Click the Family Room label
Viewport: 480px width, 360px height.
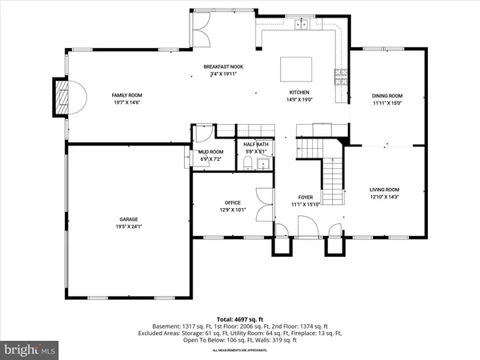coord(126,95)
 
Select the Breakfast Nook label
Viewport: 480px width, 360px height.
coord(218,66)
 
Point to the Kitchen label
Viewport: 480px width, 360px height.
coord(299,93)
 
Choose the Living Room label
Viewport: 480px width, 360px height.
coord(384,190)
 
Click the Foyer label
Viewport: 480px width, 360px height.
coord(306,197)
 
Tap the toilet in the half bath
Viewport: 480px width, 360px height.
coord(248,163)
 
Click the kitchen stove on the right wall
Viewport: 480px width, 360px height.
coord(340,78)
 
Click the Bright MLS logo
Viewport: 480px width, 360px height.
coord(30,349)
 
